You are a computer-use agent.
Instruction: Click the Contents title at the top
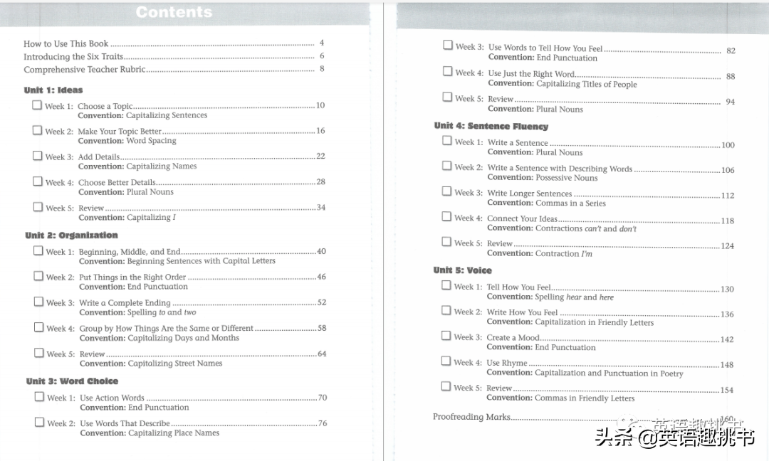pos(174,12)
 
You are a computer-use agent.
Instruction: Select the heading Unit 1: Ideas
pos(53,90)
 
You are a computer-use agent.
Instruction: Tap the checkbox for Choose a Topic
pos(37,105)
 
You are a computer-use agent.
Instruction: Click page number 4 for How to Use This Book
pos(322,43)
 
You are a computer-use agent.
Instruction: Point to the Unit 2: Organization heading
pos(71,235)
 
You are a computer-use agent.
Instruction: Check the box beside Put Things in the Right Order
pos(38,277)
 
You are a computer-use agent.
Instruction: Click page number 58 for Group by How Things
pos(322,329)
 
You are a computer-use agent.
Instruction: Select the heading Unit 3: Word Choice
pos(72,381)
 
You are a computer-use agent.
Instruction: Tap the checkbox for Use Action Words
pos(39,397)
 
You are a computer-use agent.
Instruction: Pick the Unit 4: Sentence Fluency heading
pos(491,127)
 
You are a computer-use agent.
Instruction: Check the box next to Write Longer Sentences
pos(446,191)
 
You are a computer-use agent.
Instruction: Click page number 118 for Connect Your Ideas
pos(727,221)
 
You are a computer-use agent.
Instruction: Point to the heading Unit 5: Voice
pos(463,270)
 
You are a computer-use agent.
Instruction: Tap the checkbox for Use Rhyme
pos(446,361)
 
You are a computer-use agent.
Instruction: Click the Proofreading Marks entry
pos(471,417)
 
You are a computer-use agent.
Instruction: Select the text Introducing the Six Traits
pos(73,57)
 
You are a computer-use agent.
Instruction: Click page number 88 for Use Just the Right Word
pos(731,77)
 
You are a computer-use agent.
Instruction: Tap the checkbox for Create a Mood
pos(446,336)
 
